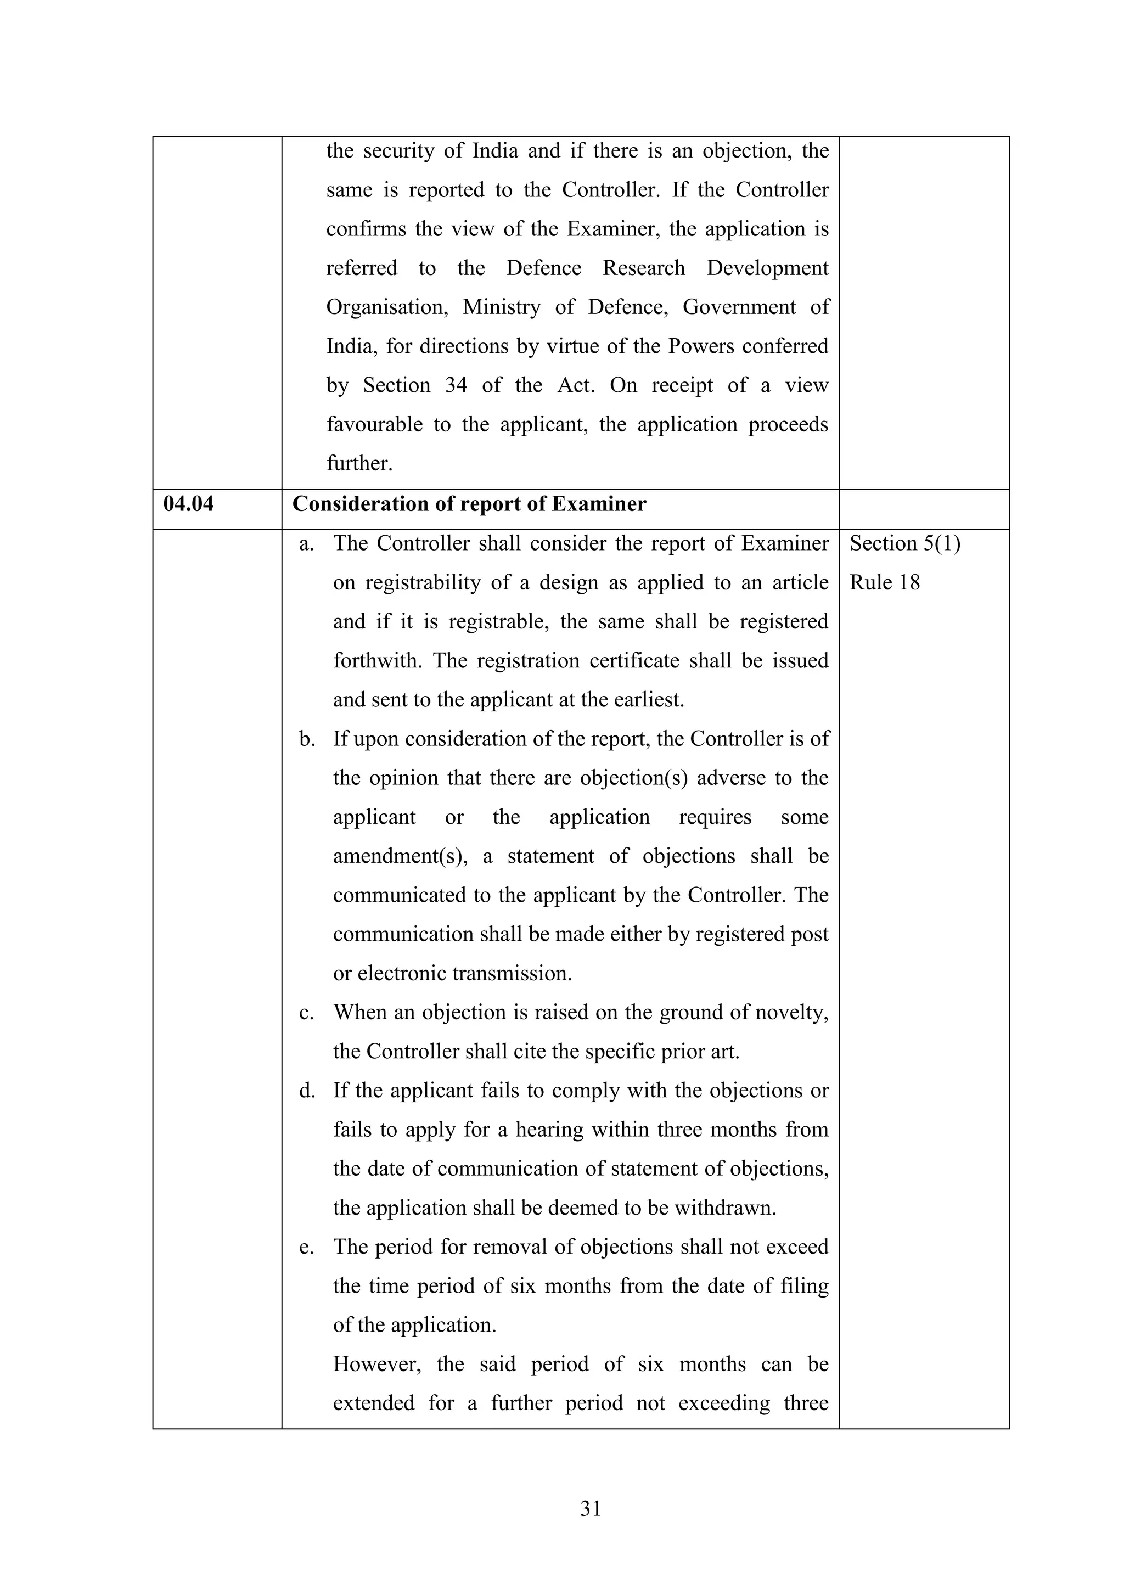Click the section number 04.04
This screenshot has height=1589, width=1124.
point(188,504)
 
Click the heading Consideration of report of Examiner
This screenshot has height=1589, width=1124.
point(469,504)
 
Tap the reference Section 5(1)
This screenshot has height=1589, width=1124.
point(904,544)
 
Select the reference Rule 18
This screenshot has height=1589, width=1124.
point(885,583)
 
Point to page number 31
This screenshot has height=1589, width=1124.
point(591,1509)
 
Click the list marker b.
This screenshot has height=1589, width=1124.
point(307,740)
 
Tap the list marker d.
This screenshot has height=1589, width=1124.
point(307,1091)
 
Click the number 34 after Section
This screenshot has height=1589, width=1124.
point(456,385)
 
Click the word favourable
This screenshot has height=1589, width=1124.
point(374,424)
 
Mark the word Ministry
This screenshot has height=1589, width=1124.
point(502,307)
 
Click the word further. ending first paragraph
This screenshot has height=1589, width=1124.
point(359,464)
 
